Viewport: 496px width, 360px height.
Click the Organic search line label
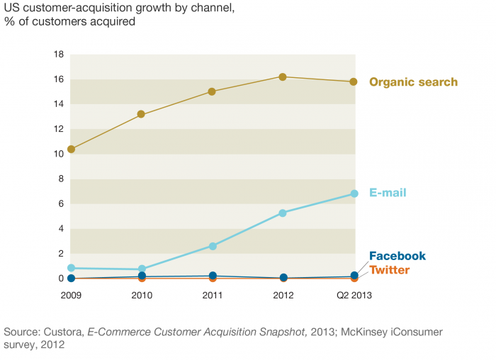(413, 82)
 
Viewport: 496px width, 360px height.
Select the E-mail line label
(388, 193)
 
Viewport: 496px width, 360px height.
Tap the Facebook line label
(398, 256)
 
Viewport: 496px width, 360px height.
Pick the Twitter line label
(389, 270)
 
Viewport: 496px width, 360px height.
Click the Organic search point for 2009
(72, 150)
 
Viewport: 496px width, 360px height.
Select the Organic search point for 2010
(141, 114)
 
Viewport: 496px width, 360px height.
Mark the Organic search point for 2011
(212, 91)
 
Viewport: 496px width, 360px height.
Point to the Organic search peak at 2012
(283, 77)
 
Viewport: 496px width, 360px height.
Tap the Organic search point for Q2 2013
(354, 82)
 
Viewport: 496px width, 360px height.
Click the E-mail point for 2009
(72, 268)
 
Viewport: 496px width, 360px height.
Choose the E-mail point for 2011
(212, 246)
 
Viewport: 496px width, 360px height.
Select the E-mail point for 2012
(283, 213)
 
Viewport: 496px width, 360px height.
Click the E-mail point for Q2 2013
(354, 193)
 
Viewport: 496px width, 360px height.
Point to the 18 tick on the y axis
(60, 55)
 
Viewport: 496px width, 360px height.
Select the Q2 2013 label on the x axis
(354, 295)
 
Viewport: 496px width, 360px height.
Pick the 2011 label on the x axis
(212, 295)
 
